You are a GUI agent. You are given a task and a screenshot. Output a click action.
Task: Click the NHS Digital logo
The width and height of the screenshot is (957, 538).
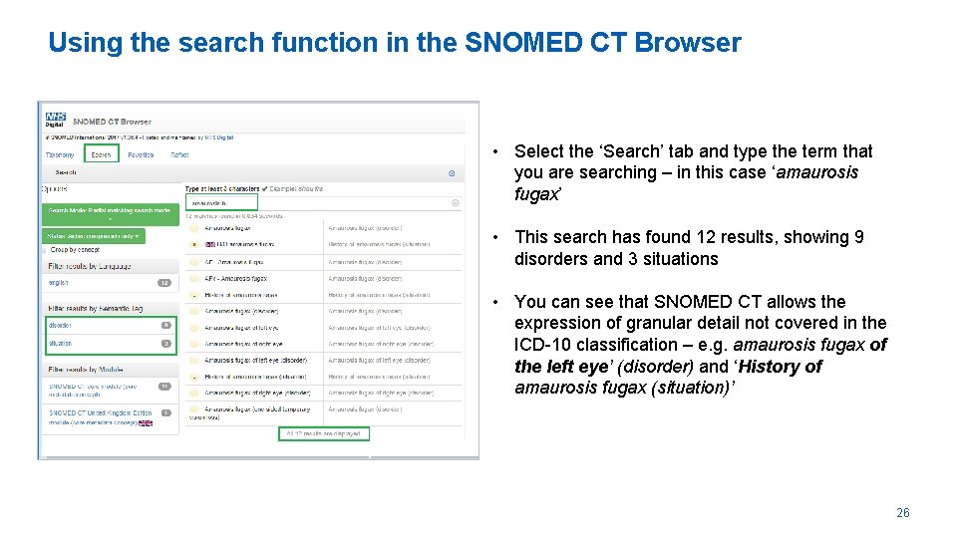pos(55,121)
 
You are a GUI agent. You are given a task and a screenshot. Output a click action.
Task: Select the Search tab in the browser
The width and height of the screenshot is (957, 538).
pos(101,154)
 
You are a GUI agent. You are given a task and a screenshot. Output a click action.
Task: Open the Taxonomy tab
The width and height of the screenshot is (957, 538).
pos(60,154)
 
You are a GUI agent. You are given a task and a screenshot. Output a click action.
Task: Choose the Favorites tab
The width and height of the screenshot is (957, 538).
pos(141,154)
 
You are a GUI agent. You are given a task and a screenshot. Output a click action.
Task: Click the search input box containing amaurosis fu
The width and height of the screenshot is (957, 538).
pos(319,202)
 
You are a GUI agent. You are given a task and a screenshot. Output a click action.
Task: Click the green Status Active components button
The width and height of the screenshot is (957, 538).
pos(94,236)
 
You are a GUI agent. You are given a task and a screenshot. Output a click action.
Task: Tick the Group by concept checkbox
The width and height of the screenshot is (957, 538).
pos(46,249)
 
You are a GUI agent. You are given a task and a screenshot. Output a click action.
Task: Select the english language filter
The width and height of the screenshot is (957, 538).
pos(59,283)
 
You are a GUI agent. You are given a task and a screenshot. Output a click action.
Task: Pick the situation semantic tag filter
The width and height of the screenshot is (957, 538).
pos(61,343)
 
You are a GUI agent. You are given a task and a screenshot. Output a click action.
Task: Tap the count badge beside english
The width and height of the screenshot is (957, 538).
pos(165,283)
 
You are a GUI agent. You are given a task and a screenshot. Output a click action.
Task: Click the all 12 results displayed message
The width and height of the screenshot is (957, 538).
pos(324,433)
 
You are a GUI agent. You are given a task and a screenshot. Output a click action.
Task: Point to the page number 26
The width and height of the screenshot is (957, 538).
pos(902,513)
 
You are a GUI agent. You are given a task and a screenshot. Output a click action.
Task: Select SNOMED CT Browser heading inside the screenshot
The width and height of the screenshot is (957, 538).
pos(113,122)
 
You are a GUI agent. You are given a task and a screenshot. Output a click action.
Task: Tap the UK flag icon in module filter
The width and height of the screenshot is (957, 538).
pos(146,423)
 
